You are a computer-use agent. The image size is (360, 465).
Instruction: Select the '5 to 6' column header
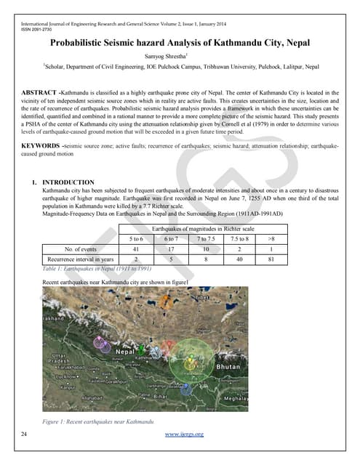pos(136,238)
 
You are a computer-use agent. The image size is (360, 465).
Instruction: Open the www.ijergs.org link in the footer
pos(183,434)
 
